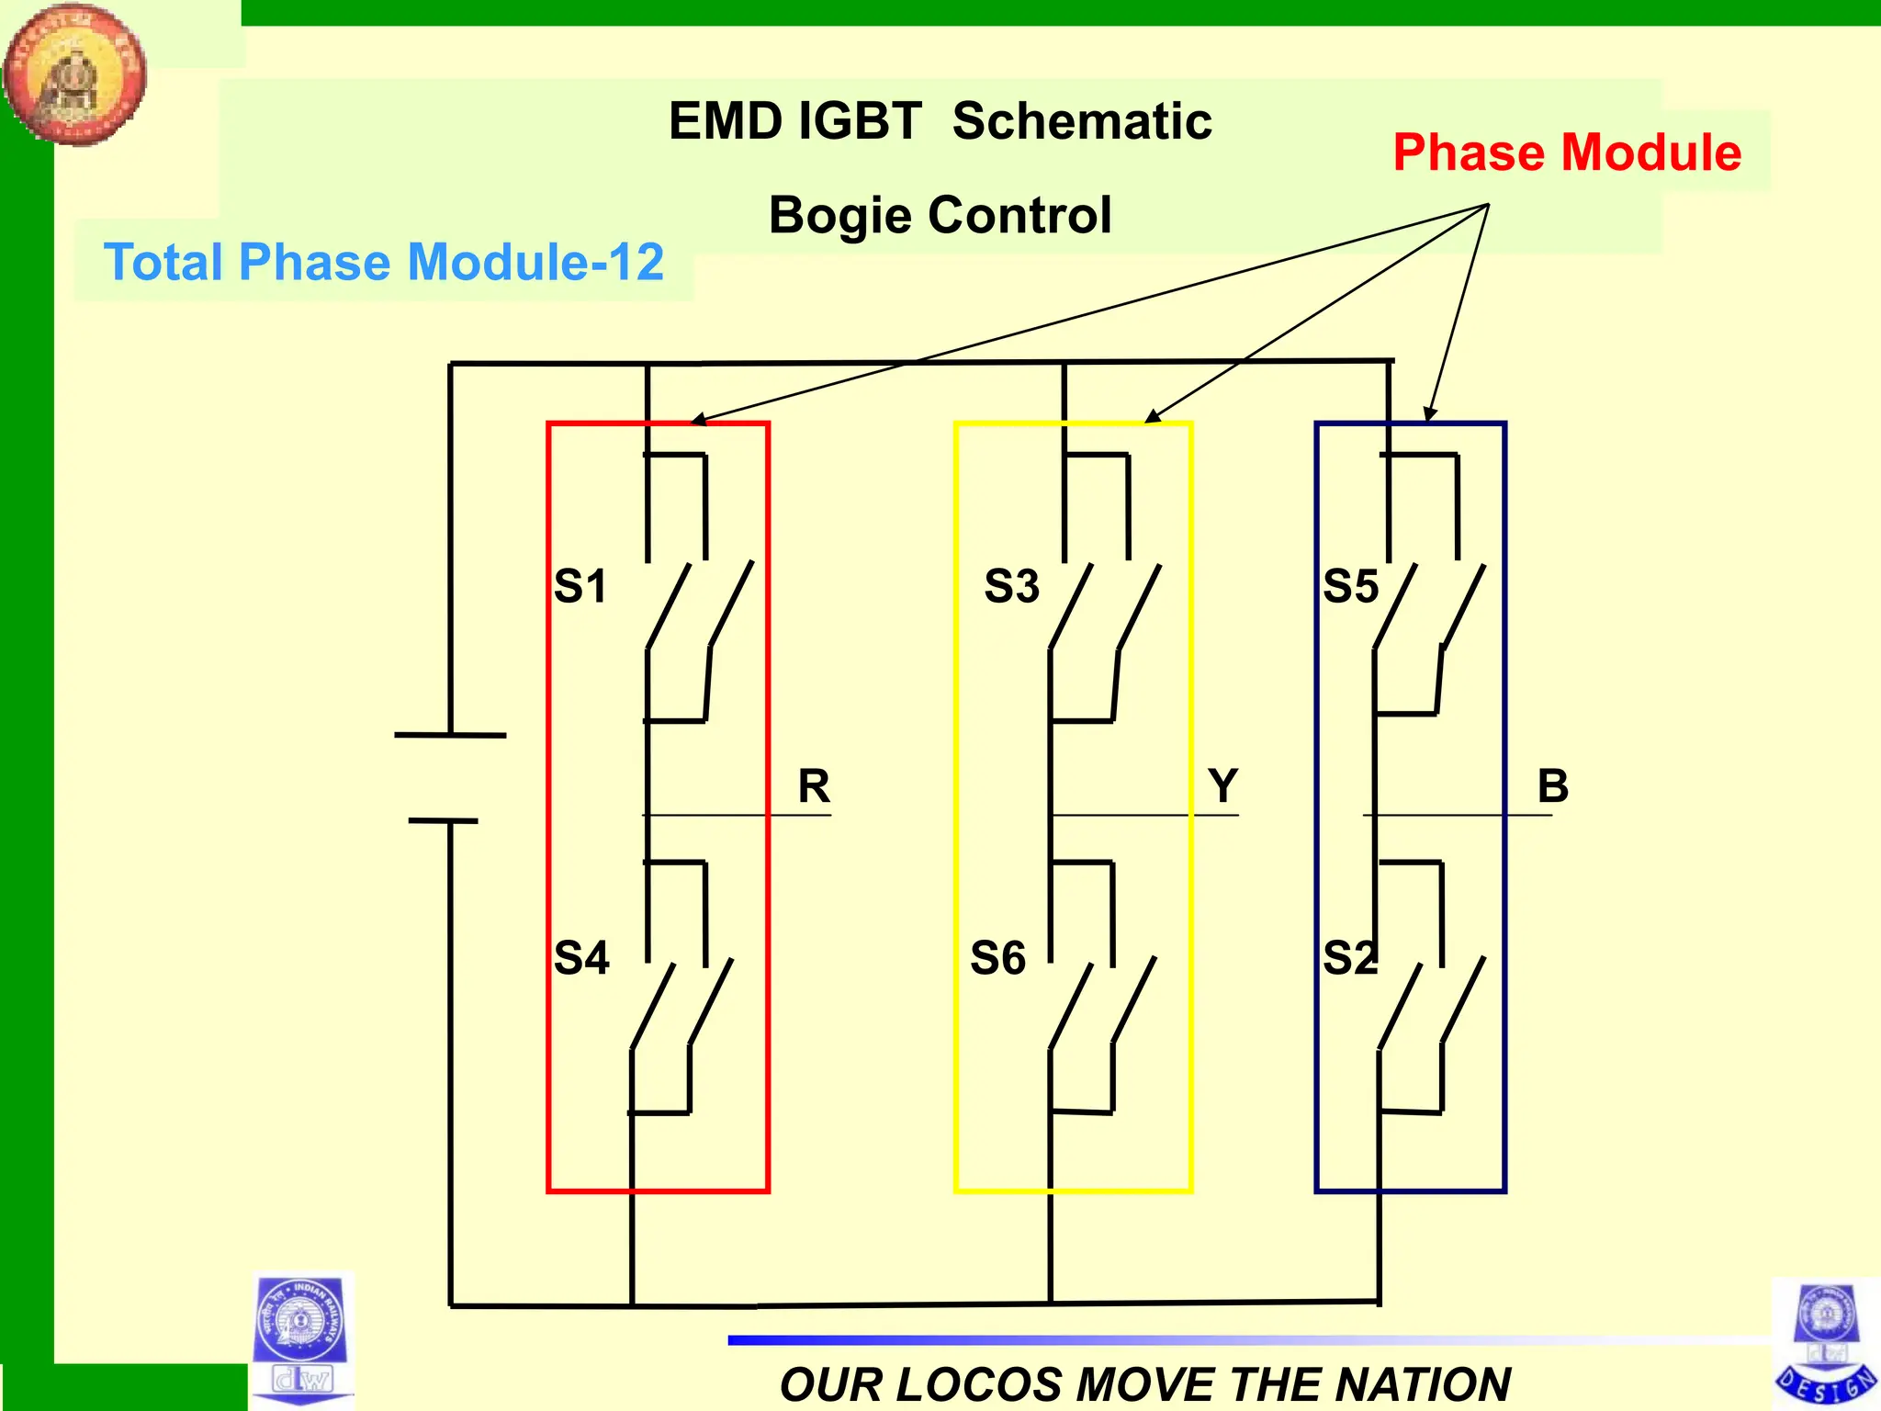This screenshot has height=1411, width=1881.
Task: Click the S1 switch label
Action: pos(580,586)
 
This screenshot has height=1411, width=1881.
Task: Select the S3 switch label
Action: pos(1011,586)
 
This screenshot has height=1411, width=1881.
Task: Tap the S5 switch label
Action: pos(1350,586)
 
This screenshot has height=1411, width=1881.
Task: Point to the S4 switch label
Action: pos(581,958)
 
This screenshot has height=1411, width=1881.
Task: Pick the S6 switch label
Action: pos(997,958)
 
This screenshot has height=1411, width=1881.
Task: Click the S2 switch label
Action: pos(1350,958)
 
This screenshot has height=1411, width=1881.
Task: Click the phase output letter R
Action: pos(814,786)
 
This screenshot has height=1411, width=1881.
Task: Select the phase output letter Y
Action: pos(1222,786)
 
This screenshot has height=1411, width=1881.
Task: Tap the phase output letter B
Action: pos(1553,786)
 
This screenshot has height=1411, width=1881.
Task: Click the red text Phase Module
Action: pos(1567,152)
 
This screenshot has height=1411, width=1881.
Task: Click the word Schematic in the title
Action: pos(1082,121)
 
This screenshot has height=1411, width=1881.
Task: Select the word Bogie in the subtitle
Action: pos(840,216)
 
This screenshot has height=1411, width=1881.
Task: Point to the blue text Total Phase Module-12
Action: pos(384,262)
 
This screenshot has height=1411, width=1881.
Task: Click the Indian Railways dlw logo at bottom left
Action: pos(301,1339)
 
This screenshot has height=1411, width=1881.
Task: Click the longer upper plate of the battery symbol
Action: pos(450,735)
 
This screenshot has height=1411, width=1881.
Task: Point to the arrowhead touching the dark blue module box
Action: pos(1429,415)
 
